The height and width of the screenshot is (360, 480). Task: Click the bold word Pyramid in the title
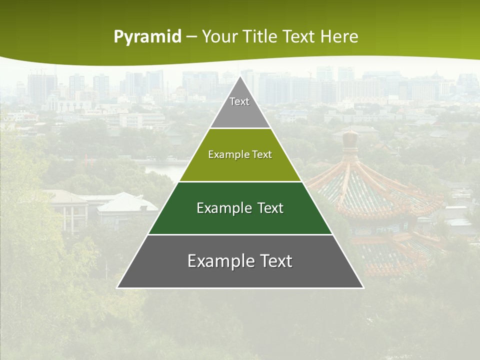coord(147,37)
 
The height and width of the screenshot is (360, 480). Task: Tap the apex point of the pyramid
coord(240,76)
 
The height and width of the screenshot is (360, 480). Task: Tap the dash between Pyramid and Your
coord(191,37)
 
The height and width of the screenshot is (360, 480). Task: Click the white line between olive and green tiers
coord(240,181)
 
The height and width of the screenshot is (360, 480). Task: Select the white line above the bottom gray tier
coord(240,234)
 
